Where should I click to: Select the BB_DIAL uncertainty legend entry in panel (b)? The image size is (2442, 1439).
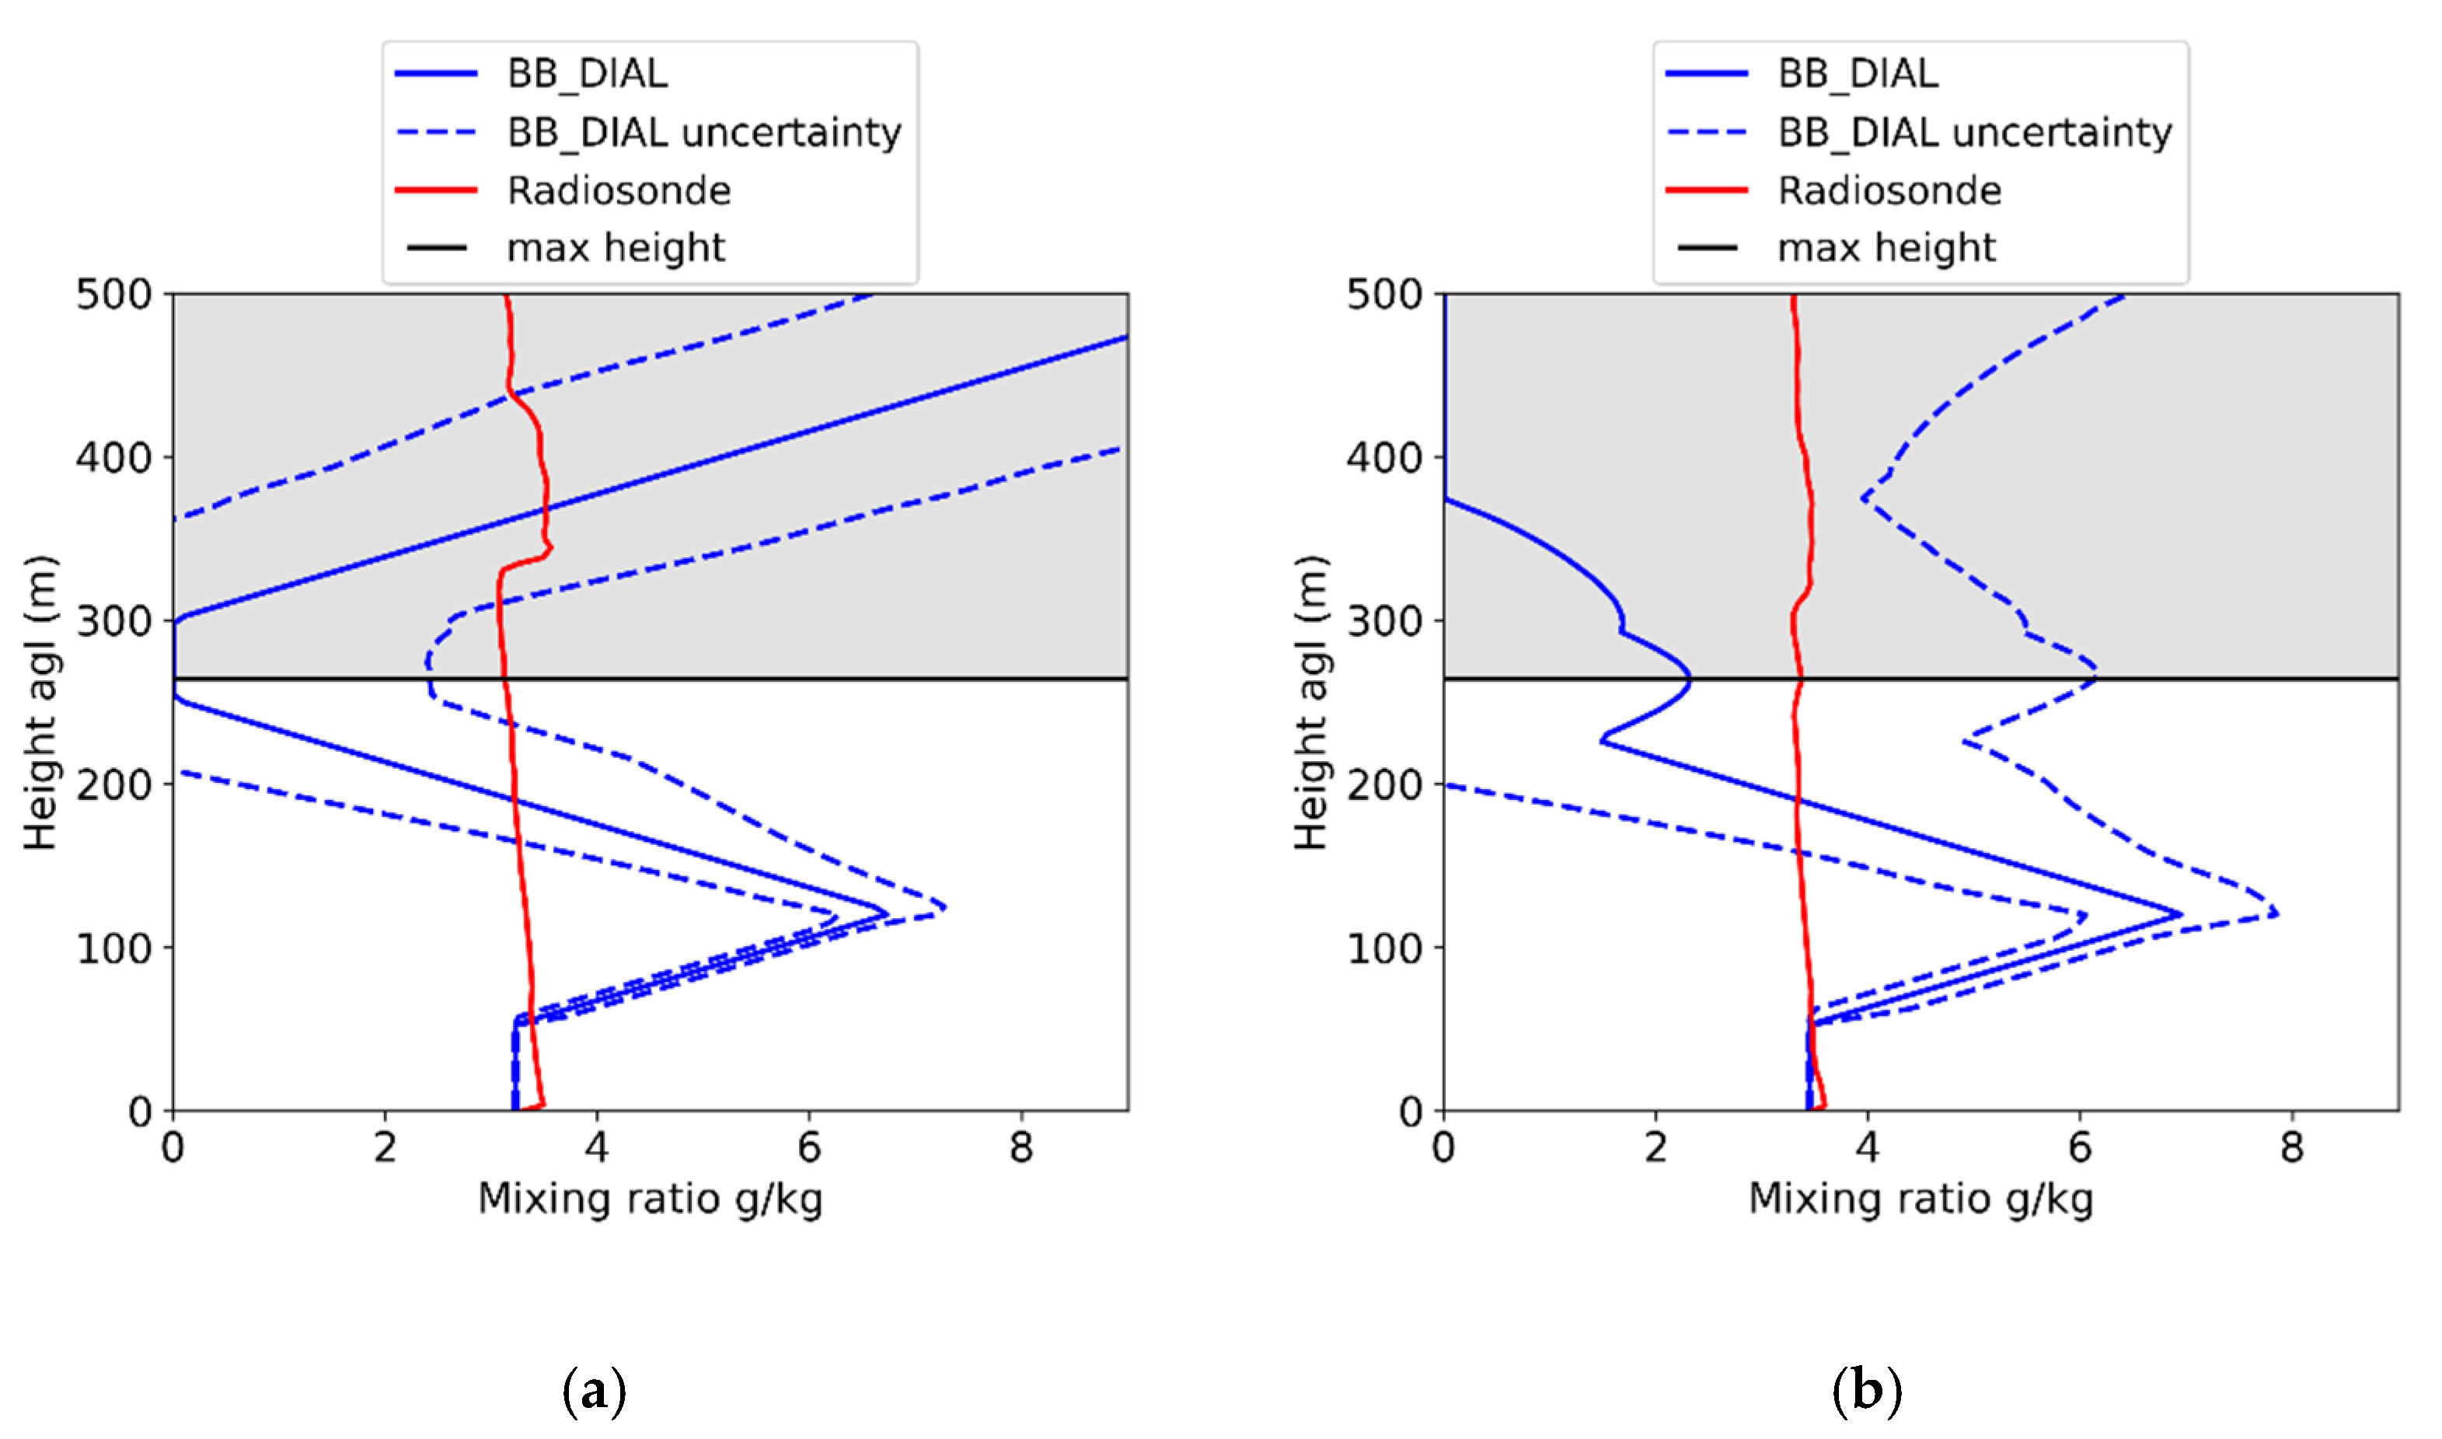(1974, 132)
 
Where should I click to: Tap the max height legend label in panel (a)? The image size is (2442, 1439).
(616, 248)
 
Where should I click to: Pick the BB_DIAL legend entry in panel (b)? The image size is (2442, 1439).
(1858, 74)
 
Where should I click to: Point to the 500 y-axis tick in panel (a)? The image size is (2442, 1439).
(113, 294)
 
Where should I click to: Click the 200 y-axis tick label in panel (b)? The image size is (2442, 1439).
(1384, 784)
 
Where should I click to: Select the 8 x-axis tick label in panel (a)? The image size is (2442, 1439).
(1020, 1148)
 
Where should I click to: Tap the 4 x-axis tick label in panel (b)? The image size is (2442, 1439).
(1867, 1148)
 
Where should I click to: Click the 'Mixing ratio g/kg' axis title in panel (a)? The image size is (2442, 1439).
(651, 1200)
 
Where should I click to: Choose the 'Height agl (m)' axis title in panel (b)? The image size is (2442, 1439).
(1310, 703)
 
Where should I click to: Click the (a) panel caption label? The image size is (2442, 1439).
(595, 1391)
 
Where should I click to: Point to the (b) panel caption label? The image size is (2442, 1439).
(1866, 1391)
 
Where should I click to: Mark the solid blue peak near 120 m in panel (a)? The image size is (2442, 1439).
(886, 913)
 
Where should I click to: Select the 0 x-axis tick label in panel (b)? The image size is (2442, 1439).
(1443, 1148)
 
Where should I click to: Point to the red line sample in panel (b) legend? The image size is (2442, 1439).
(1706, 190)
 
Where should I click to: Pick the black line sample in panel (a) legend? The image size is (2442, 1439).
(436, 248)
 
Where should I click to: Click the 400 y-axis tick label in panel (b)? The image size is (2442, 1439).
(1384, 458)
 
